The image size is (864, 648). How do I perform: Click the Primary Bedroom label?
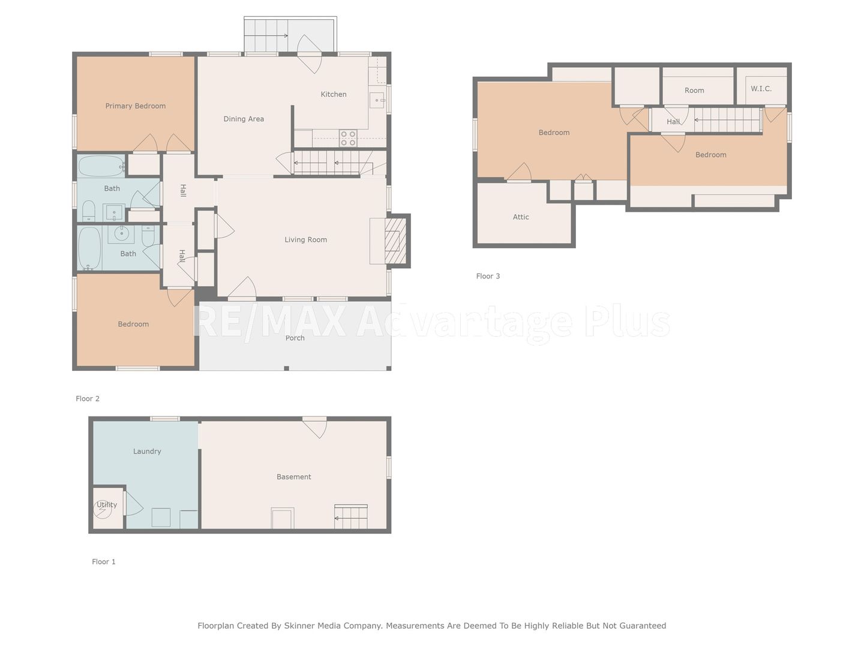136,106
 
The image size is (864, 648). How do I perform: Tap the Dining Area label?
244,119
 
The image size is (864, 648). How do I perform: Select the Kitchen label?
334,94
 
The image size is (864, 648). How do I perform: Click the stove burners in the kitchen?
348,138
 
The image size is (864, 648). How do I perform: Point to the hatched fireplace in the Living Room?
395,241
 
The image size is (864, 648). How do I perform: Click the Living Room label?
306,239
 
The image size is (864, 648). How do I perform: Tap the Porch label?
295,338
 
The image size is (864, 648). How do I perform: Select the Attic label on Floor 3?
521,217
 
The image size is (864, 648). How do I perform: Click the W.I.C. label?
761,89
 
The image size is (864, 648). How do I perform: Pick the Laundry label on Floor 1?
147,451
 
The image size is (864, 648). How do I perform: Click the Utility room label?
107,505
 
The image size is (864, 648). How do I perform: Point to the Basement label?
293,477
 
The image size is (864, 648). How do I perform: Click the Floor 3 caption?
488,276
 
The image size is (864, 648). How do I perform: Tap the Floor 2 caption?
88,398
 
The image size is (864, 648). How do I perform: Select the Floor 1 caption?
104,562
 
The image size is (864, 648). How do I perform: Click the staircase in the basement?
351,517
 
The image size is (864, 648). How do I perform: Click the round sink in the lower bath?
122,233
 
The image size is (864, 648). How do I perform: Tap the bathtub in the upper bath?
101,166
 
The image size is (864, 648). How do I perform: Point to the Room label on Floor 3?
694,91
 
